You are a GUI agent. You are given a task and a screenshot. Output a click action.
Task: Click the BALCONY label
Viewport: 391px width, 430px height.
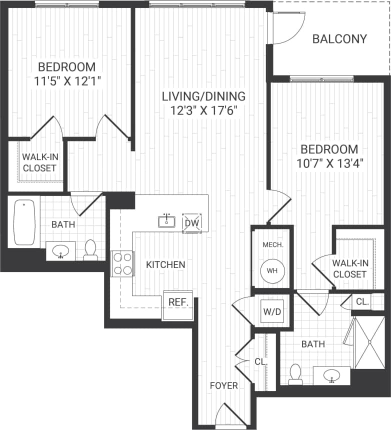click(x=339, y=39)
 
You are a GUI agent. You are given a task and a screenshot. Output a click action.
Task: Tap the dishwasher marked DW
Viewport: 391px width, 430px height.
click(x=191, y=222)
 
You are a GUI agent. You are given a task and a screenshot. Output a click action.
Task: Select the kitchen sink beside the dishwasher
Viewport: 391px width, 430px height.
click(x=166, y=221)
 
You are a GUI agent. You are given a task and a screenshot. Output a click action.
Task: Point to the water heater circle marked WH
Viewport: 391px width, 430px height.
click(x=271, y=270)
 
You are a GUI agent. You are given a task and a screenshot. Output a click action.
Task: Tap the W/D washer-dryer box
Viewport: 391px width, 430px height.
click(x=272, y=311)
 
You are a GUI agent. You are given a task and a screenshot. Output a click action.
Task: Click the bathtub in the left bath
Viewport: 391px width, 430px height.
click(x=23, y=223)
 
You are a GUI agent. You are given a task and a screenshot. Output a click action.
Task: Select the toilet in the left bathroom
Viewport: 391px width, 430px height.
click(x=90, y=249)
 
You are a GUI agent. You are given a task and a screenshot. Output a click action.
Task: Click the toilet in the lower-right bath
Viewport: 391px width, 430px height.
click(x=295, y=373)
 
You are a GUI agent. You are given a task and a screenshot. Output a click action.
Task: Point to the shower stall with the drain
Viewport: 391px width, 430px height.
click(x=369, y=342)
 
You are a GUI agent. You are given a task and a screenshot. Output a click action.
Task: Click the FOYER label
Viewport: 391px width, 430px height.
click(x=223, y=385)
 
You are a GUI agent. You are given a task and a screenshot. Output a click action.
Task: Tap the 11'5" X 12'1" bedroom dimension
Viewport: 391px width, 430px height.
click(x=65, y=81)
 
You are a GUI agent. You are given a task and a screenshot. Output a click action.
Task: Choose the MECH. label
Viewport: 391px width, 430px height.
click(x=273, y=245)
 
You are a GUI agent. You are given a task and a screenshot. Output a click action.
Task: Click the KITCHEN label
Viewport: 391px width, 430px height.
click(x=165, y=264)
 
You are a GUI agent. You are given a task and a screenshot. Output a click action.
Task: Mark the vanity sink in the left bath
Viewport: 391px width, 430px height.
click(x=61, y=251)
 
